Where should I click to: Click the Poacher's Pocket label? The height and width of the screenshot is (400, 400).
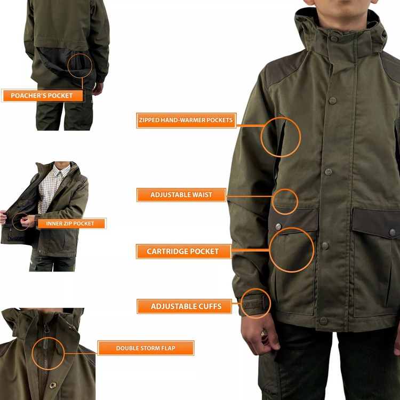pyautogui.click(x=42, y=95)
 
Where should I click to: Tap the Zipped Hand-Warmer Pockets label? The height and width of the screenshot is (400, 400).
pyautogui.click(x=186, y=121)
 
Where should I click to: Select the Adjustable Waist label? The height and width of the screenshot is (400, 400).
pyautogui.click(x=181, y=195)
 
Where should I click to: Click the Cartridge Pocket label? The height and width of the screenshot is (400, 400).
pyautogui.click(x=183, y=251)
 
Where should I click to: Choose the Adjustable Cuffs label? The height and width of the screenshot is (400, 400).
pyautogui.click(x=186, y=306)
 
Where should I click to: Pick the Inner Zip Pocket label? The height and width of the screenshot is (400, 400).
pyautogui.click(x=70, y=223)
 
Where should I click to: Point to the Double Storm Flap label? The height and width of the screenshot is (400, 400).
pyautogui.click(x=146, y=348)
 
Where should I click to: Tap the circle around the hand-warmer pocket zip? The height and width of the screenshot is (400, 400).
pyautogui.click(x=281, y=137)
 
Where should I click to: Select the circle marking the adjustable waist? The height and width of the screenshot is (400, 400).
pyautogui.click(x=285, y=202)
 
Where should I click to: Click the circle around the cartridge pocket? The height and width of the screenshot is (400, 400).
pyautogui.click(x=292, y=250)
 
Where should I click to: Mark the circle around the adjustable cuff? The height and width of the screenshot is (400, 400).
pyautogui.click(x=255, y=304)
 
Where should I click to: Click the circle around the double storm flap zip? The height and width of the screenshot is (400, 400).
pyautogui.click(x=48, y=353)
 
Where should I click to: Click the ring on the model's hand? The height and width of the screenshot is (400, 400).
pyautogui.click(x=263, y=333)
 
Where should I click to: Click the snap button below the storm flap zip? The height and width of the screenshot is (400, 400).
pyautogui.click(x=52, y=385)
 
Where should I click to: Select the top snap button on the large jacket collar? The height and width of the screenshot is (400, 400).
pyautogui.click(x=334, y=38)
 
